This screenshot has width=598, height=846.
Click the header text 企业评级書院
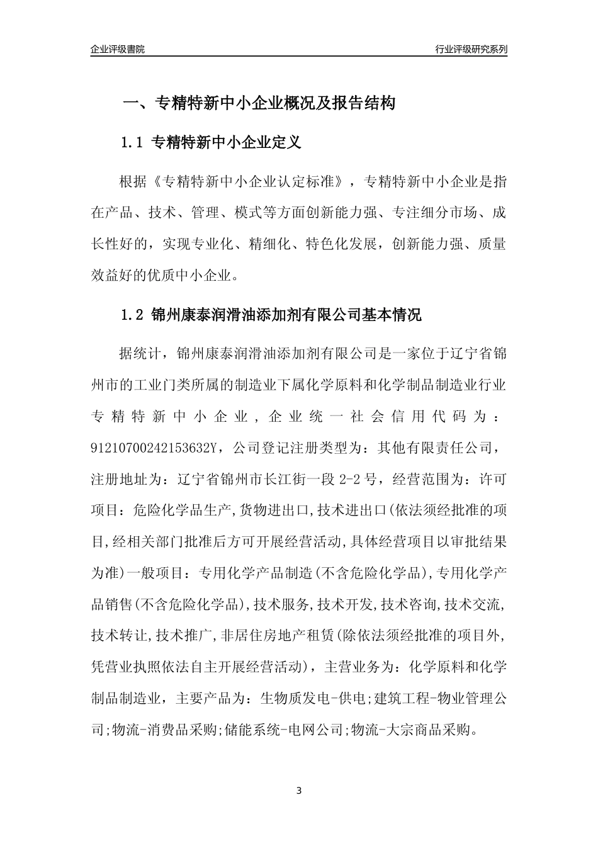[x=118, y=49]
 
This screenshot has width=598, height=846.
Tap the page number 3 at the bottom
[x=299, y=790]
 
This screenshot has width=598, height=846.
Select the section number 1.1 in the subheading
[x=133, y=143]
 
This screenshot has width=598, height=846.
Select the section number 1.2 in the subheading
[x=133, y=315]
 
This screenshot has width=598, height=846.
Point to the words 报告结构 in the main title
[x=368, y=103]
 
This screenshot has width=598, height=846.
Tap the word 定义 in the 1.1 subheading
[x=286, y=143]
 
